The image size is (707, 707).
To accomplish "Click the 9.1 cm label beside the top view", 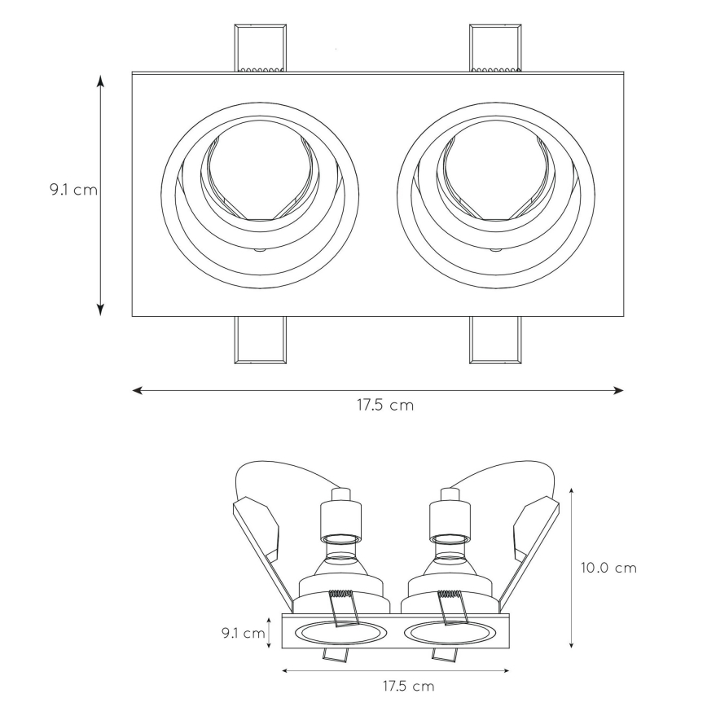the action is coord(73,189).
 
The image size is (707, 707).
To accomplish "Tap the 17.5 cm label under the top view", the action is coord(385,405).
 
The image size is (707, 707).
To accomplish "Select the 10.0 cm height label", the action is coord(608,568).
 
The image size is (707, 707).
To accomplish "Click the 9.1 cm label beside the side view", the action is coord(243,633).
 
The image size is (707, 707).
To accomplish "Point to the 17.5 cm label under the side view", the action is coord(409,687).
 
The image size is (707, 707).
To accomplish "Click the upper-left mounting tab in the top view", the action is coord(260,48).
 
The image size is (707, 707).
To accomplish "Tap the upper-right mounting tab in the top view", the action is coord(495,48).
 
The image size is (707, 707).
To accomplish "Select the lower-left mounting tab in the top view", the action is coord(260,340).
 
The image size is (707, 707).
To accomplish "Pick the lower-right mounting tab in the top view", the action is coord(495,340).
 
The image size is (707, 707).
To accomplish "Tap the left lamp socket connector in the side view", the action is coord(340,516).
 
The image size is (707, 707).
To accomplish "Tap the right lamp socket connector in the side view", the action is coord(450,516).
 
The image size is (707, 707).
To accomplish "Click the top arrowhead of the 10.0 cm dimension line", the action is coord(571,491).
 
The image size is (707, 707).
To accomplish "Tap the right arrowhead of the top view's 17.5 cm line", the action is coord(619,390).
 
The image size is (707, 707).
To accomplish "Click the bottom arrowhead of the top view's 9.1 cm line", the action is coord(100,310).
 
